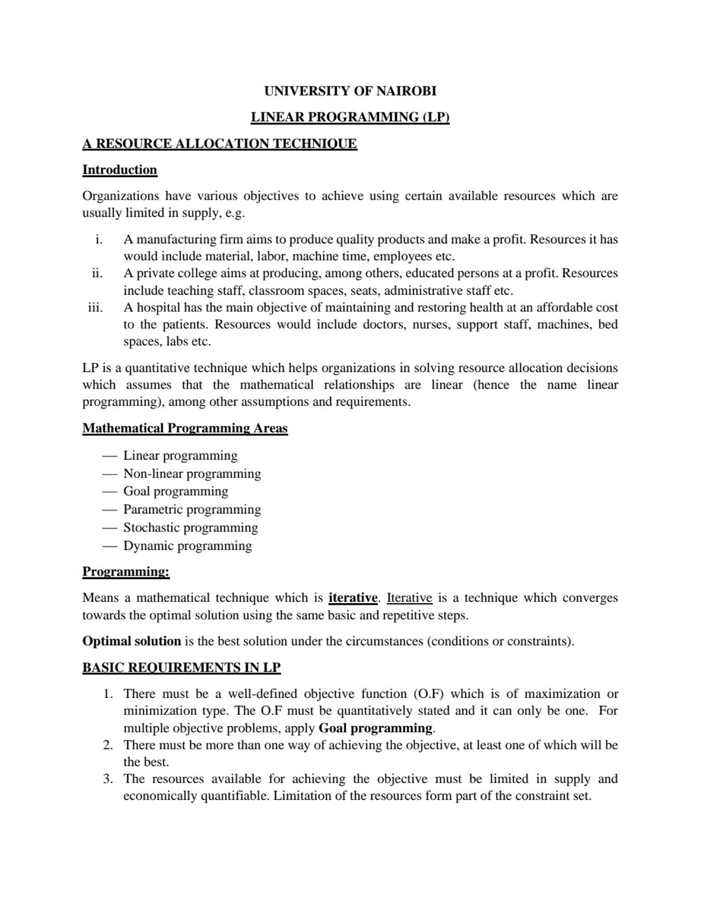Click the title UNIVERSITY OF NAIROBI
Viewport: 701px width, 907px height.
(x=350, y=91)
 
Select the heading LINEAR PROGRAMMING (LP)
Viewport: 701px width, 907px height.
(x=350, y=117)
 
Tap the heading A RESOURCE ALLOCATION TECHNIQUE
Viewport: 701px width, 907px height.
(x=219, y=144)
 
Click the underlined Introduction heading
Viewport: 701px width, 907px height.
(x=120, y=170)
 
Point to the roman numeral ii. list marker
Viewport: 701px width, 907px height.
(x=97, y=274)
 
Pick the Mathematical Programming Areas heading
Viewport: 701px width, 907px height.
(x=185, y=428)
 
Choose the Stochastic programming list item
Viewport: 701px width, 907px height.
(x=190, y=528)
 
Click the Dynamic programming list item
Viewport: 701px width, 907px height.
(x=188, y=546)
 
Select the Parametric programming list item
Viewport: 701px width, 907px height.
(x=192, y=510)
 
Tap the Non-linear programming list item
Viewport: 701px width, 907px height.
(x=192, y=473)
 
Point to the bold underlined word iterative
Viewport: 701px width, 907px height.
(x=353, y=598)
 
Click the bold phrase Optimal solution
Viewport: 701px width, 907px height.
(x=131, y=641)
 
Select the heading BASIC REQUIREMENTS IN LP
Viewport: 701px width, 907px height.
(x=182, y=667)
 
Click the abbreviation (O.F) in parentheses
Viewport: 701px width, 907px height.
(x=428, y=694)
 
